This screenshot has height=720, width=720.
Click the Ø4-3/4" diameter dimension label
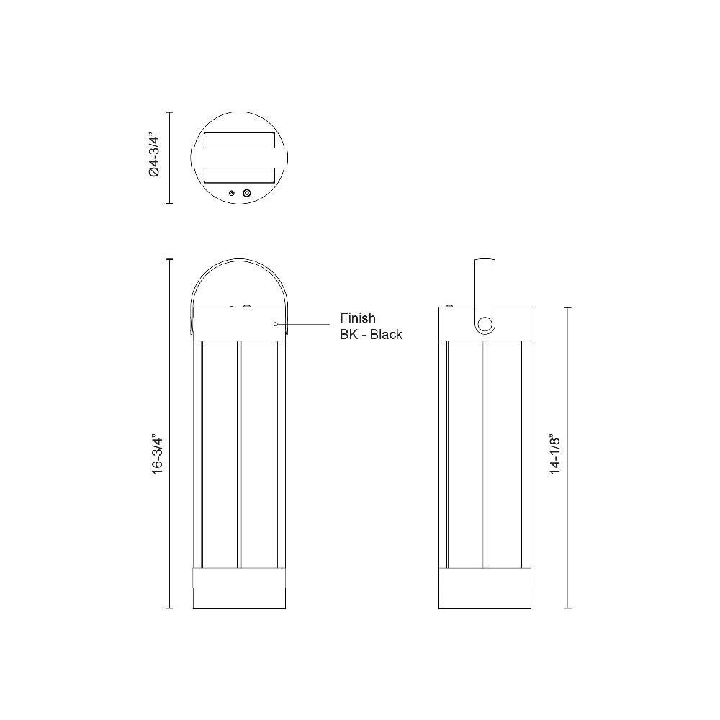pyautogui.click(x=154, y=156)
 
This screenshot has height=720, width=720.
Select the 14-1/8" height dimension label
pyautogui.click(x=555, y=454)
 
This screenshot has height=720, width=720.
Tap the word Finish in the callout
pyautogui.click(x=358, y=318)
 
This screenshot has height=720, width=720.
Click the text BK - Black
pyautogui.click(x=371, y=334)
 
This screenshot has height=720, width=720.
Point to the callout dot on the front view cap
pyautogui.click(x=275, y=324)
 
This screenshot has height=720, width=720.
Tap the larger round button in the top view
pyautogui.click(x=246, y=193)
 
